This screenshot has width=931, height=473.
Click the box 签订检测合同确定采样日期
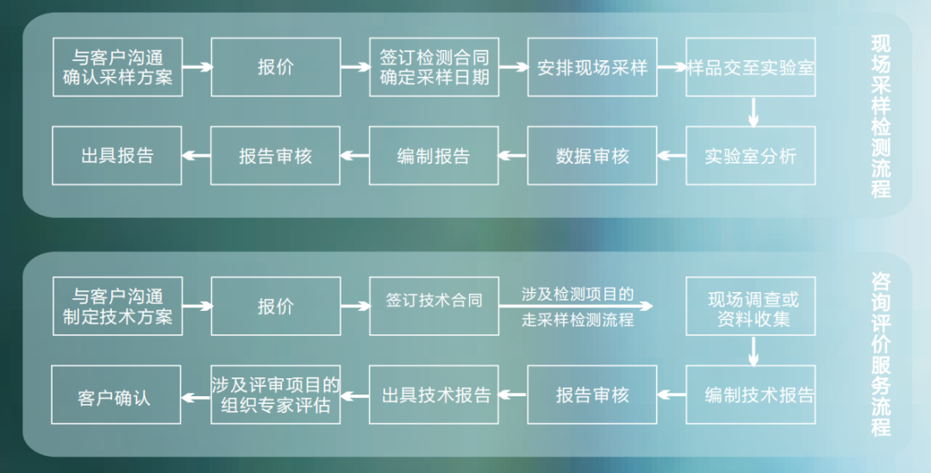coord(434,67)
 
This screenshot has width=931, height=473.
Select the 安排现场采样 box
coord(592,67)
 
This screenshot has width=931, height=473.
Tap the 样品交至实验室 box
coord(751,67)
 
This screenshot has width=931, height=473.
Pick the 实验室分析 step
coord(751,156)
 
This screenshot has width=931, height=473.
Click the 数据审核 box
coord(592,156)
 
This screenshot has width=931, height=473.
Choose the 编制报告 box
coord(434,156)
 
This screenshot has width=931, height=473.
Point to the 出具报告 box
coord(117,156)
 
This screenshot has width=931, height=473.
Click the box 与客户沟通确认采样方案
coord(117,67)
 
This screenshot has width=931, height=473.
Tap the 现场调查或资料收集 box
coord(751,306)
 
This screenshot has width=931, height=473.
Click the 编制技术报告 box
coord(751,395)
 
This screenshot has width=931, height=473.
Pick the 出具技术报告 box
coord(434,395)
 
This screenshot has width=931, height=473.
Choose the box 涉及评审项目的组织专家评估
coord(276,395)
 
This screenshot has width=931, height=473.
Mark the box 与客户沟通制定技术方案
coord(117,306)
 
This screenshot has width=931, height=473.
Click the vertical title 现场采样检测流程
coord(880,116)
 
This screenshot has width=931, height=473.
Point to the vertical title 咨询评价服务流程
coord(880,354)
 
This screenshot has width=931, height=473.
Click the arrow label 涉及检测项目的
coord(578,294)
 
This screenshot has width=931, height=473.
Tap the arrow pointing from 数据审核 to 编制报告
coord(513,156)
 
